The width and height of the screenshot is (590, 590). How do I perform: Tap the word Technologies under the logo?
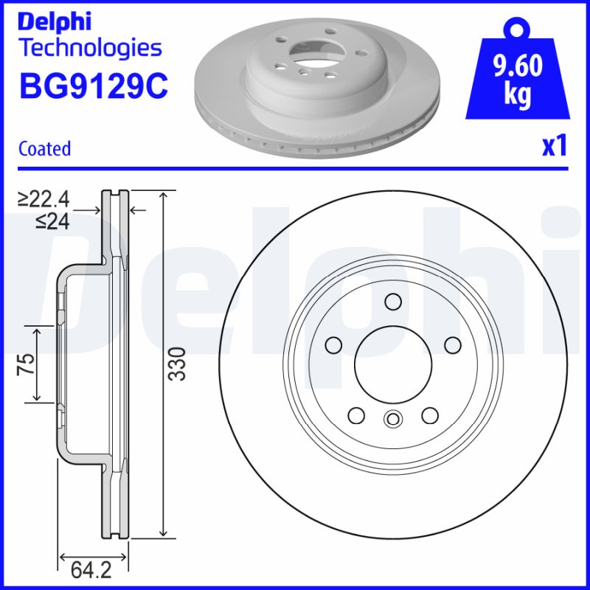tap(89, 49)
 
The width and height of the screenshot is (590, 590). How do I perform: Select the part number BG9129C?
tap(93, 87)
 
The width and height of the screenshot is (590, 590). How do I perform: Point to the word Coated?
tap(44, 148)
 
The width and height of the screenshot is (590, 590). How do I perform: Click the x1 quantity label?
tap(554, 147)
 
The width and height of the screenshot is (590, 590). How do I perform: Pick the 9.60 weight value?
tap(517, 67)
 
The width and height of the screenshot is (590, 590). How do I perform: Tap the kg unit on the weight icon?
tap(517, 97)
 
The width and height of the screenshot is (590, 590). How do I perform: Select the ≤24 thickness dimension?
tap(52, 221)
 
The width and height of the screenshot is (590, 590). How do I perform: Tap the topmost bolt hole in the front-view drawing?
tap(392, 301)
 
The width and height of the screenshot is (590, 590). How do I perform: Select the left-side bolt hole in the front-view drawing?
tap(333, 344)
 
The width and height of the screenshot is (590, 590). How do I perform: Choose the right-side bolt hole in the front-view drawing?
tap(452, 344)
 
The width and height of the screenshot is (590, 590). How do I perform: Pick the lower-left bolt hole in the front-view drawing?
tap(356, 416)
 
